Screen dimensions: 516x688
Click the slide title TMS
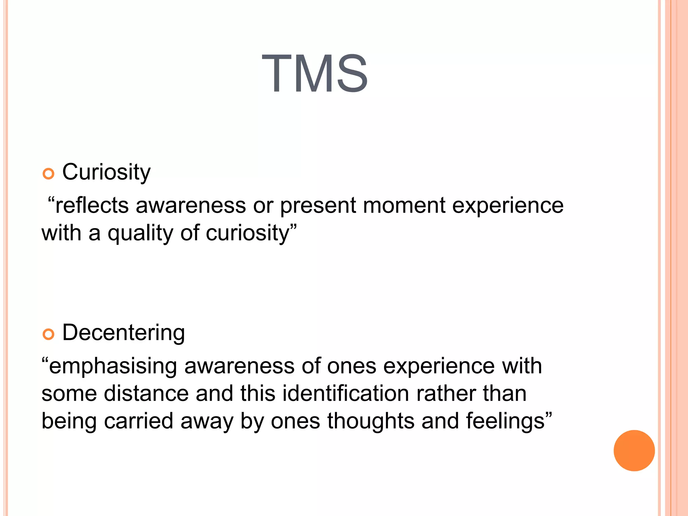pyautogui.click(x=314, y=74)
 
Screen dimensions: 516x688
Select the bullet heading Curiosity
pyautogui.click(x=106, y=172)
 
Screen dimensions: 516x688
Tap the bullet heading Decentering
pyautogui.click(x=123, y=333)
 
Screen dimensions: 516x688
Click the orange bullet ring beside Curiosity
pyautogui.click(x=48, y=174)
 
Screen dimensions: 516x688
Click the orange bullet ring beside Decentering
pyautogui.click(x=48, y=334)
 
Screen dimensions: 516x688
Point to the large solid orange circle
pyautogui.click(x=634, y=450)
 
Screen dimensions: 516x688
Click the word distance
pyautogui.click(x=146, y=393)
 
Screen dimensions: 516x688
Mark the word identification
pyautogui.click(x=345, y=393)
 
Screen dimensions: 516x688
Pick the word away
pyautogui.click(x=207, y=422)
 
